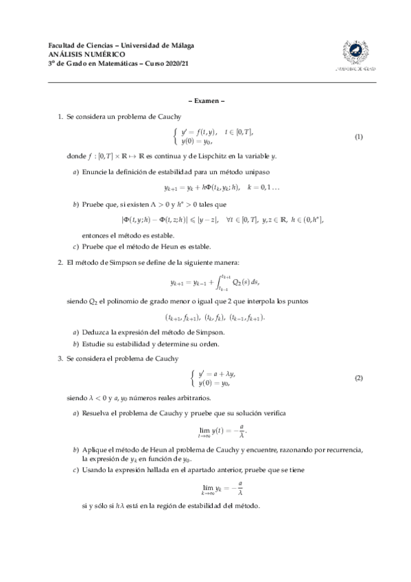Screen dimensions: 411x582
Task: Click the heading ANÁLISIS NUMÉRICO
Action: coord(77,54)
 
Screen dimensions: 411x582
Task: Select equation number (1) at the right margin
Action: coord(358,137)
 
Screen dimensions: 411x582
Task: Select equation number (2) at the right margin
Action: coord(358,378)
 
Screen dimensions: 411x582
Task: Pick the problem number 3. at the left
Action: coord(60,358)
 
